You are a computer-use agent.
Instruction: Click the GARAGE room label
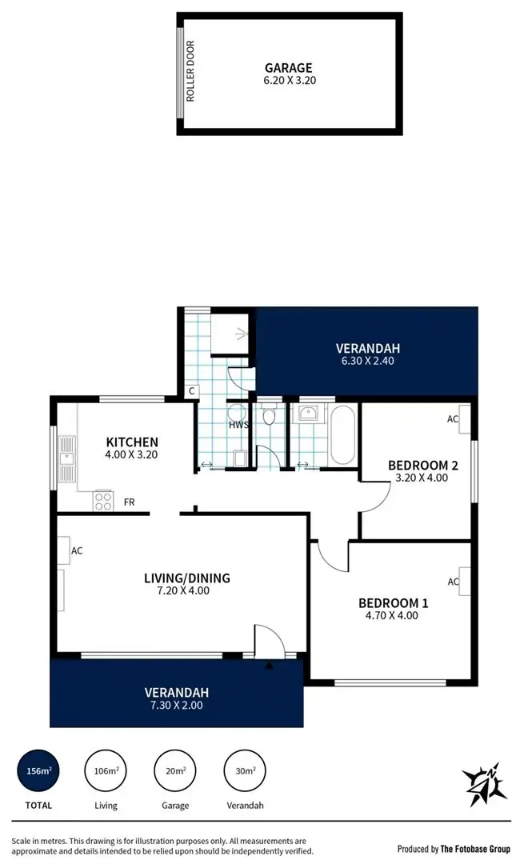[x=289, y=68]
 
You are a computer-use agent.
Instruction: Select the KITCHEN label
[x=132, y=442]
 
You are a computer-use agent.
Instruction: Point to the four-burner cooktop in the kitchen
[x=103, y=501]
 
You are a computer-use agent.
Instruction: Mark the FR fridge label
[x=129, y=502]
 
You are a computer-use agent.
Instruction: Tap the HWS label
[x=238, y=425]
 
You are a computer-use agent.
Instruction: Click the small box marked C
[x=192, y=391]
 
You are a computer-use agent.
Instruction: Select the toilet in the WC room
[x=270, y=416]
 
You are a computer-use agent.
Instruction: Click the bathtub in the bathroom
[x=343, y=436]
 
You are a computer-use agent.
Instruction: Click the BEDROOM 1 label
[x=387, y=602]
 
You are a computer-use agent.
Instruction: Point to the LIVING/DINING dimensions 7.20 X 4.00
[x=187, y=591]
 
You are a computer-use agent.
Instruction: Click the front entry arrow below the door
[x=269, y=664]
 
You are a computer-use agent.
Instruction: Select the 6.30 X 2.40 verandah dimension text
[x=367, y=361]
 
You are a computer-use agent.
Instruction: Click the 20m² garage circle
[x=174, y=771]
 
